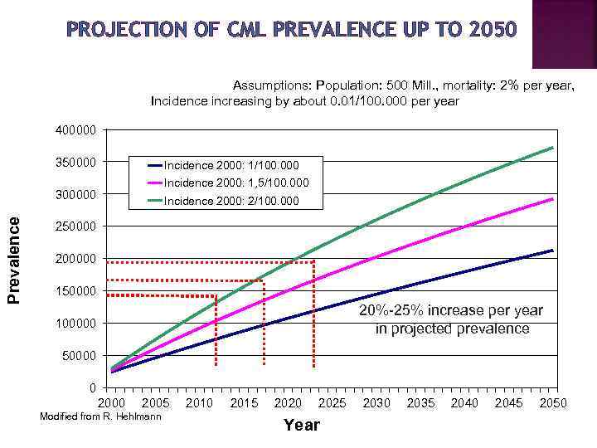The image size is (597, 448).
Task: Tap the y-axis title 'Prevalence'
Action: (14, 259)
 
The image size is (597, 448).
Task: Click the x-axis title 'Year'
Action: (301, 425)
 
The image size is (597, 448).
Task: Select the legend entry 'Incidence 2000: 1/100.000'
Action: (231, 165)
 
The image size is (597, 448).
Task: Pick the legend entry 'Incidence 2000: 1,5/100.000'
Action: (236, 183)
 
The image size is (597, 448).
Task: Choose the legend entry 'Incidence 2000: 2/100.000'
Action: (231, 201)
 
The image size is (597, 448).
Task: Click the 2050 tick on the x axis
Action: (553, 403)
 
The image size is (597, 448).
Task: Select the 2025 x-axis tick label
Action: (332, 403)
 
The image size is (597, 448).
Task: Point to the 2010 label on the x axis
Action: (199, 403)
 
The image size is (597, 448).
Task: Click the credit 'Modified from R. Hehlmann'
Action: (100, 416)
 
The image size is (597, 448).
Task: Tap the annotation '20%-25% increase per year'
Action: (451, 310)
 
